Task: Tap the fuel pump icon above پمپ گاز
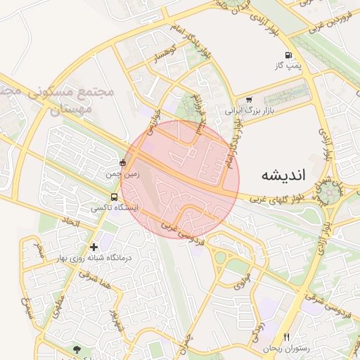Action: click(x=288, y=55)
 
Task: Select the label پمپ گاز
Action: click(x=288, y=65)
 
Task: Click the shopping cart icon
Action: click(x=249, y=100)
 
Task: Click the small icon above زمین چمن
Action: click(x=123, y=163)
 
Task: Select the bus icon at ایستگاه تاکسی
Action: click(x=114, y=198)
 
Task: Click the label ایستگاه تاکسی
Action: click(x=115, y=208)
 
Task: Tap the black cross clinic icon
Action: click(x=94, y=247)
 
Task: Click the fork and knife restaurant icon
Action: click(x=286, y=337)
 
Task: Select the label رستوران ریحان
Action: click(x=286, y=348)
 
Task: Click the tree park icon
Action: click(x=77, y=349)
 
